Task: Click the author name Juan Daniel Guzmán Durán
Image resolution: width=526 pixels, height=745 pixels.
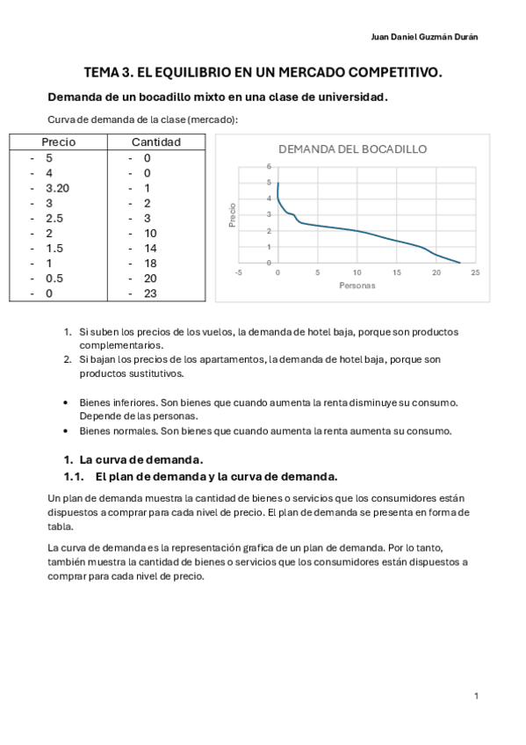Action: coord(426,37)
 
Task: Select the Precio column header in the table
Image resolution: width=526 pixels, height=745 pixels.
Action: coord(59,142)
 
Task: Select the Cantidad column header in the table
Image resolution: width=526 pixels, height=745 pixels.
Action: coord(156,142)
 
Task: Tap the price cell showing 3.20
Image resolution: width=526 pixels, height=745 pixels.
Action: coord(57,188)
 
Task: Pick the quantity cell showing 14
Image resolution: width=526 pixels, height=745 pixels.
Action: coord(150,248)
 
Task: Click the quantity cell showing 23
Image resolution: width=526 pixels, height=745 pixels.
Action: coord(150,293)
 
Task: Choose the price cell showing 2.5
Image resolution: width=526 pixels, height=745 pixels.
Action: coord(54,218)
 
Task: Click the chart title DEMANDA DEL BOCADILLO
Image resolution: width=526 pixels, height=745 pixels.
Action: coord(352,149)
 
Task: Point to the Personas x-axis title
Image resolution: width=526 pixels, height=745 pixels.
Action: coord(357,286)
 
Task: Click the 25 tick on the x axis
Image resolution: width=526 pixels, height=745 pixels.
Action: coord(475,273)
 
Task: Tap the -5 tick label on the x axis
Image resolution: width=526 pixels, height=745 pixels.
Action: coord(238,273)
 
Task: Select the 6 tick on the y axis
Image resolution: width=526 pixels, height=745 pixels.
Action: coord(269,166)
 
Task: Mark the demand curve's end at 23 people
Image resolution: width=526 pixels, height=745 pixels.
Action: coord(459,263)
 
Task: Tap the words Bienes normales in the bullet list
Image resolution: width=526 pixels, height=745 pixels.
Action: coord(115,431)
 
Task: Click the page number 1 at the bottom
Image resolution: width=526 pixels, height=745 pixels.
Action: coord(476,696)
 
